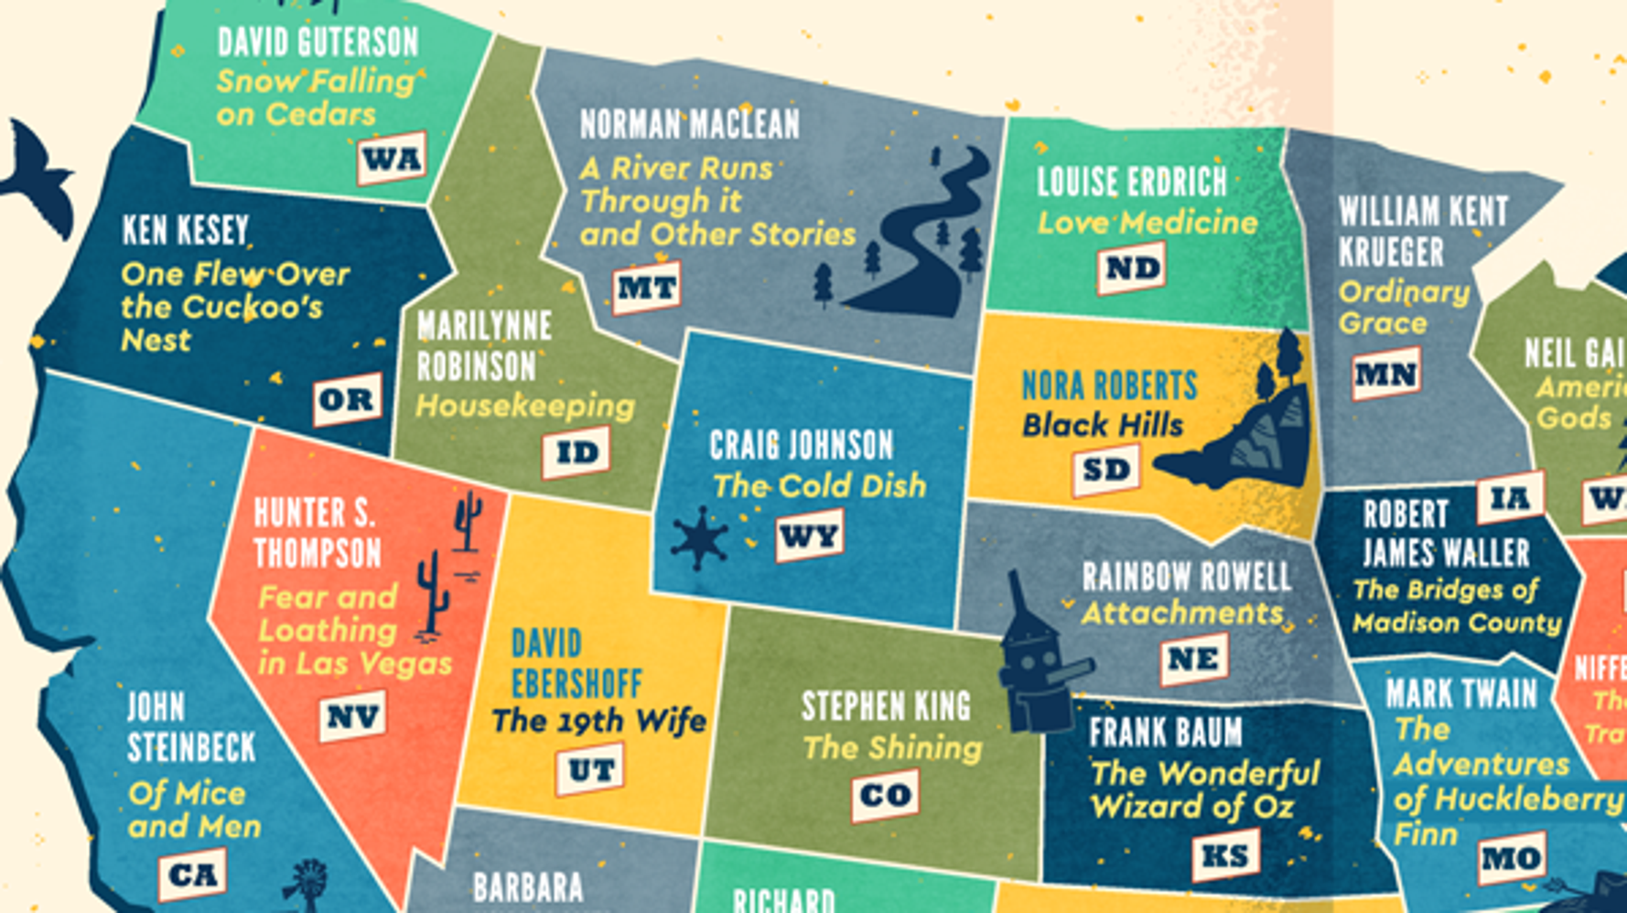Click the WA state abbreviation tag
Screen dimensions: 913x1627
[392, 159]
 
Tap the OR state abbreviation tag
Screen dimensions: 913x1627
[347, 399]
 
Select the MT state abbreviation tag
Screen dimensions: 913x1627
[647, 288]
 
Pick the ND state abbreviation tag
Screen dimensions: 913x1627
[1132, 267]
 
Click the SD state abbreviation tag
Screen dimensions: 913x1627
[1106, 469]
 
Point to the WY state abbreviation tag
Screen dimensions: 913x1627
[809, 536]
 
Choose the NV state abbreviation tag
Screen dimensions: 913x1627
[352, 717]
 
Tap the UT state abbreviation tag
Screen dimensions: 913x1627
[590, 770]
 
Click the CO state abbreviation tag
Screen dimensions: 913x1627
[885, 795]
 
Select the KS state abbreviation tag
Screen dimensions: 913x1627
[1225, 855]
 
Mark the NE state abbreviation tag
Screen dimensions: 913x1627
[1193, 658]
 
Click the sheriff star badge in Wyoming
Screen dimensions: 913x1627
[700, 538]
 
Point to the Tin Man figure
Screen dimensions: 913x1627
[1038, 659]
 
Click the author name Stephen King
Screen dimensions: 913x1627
[886, 706]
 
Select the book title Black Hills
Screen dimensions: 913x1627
[1103, 425]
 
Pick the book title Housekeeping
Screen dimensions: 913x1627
[525, 406]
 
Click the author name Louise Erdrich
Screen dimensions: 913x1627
[1132, 182]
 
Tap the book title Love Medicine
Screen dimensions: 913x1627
[1148, 223]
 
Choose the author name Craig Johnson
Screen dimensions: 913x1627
[802, 446]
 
